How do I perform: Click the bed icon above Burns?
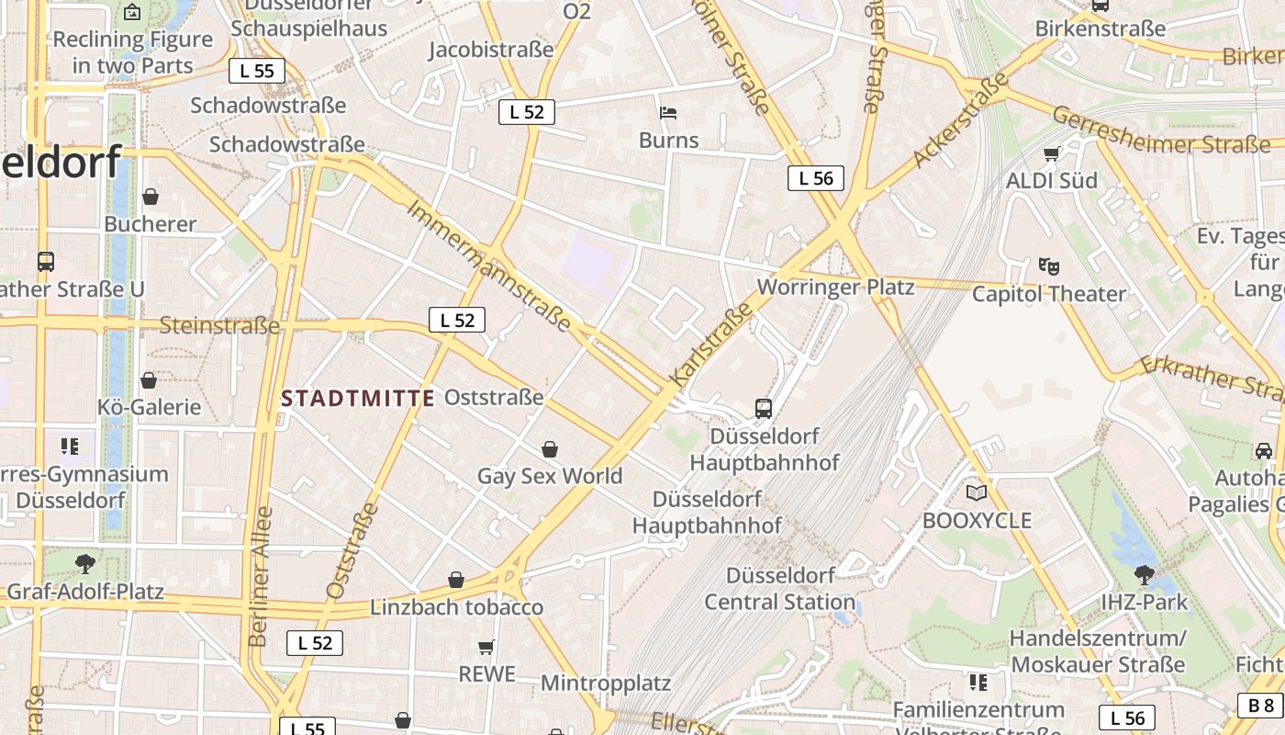point(668,113)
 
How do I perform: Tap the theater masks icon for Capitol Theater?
point(1048,266)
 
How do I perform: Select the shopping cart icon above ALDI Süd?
point(1052,153)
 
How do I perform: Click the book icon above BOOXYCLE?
point(977,493)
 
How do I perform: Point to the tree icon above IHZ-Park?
point(1144,575)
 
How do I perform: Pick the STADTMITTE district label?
point(358,398)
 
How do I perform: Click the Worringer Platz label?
point(835,287)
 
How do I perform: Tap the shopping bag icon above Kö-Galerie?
point(149,379)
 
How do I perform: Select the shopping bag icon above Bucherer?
point(151,197)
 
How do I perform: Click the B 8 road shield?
point(1261,705)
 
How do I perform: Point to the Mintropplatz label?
point(606,683)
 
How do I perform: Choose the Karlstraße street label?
point(711,345)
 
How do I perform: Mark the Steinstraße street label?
point(219,325)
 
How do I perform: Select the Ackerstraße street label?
point(959,123)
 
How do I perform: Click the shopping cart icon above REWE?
point(486,647)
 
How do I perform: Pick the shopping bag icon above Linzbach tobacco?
point(456,580)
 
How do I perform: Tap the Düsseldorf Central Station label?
point(779,589)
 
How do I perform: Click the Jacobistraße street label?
point(491,49)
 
